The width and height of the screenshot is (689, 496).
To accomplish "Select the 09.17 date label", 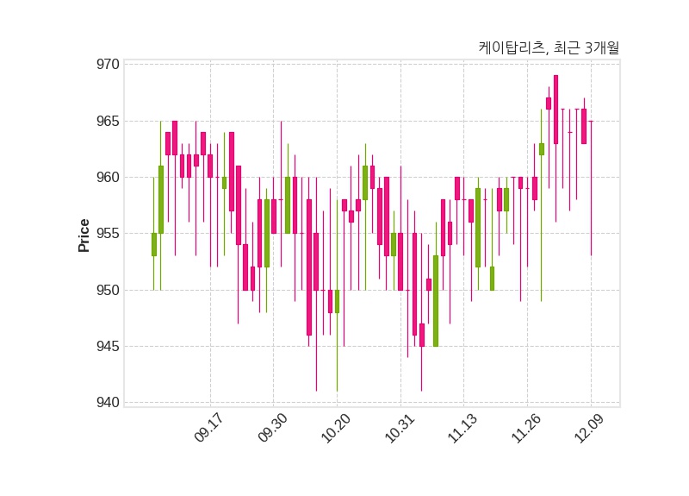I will (x=208, y=429).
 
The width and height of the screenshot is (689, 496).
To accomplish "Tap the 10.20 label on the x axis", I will (x=335, y=429).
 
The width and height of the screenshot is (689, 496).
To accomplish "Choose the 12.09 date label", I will (x=589, y=429).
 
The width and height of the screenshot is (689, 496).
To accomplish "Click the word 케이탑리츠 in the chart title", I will (x=512, y=48).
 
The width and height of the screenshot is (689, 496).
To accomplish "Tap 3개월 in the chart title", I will (x=601, y=48).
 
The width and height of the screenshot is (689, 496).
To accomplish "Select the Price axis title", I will (x=84, y=235).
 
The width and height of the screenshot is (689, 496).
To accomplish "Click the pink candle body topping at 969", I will (x=556, y=109).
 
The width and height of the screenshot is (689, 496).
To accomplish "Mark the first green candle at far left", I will (x=153, y=244).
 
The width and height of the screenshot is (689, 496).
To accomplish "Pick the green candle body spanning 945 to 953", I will (x=436, y=301).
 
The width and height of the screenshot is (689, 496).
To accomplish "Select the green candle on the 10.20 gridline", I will (x=337, y=301).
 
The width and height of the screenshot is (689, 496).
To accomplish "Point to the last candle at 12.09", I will (x=591, y=122).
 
